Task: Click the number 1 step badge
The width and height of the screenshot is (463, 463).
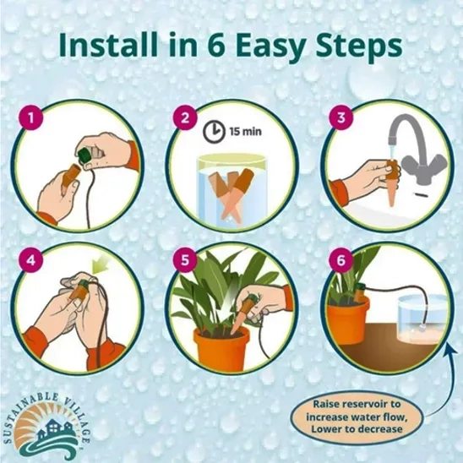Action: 30,117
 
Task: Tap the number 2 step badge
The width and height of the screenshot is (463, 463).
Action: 185,117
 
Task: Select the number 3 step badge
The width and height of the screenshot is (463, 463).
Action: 341,117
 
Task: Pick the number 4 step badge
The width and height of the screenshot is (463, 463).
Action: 30,260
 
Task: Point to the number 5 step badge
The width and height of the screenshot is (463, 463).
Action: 185,260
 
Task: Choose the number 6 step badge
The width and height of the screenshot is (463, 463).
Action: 341,260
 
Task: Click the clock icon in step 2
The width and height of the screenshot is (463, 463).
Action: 214,131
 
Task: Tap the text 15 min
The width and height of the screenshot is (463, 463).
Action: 246,131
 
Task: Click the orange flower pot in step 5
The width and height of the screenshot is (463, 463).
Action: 221,347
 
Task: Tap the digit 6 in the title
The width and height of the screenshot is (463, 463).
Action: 216,45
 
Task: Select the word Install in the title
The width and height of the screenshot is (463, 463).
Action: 108,44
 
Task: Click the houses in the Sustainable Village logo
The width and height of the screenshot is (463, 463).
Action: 54,428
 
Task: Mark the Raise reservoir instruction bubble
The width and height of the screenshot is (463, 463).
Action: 357,416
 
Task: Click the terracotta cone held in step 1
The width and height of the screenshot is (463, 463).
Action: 69,179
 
